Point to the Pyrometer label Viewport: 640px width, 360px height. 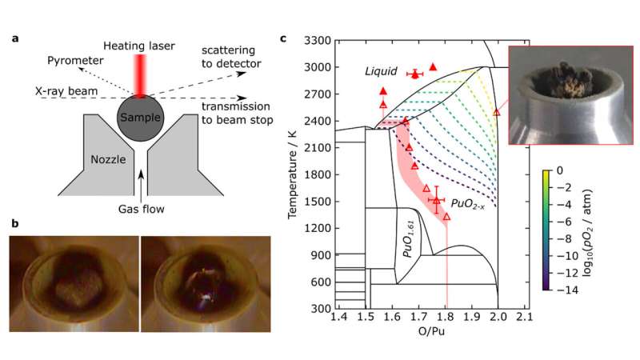tap(70, 60)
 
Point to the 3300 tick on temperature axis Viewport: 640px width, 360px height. tap(319, 40)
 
